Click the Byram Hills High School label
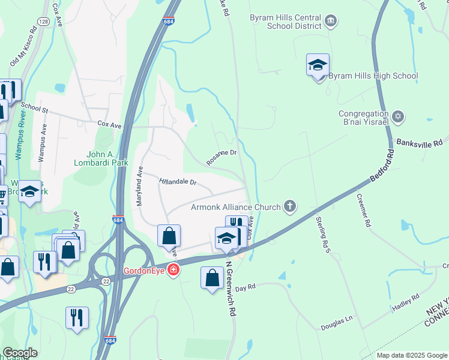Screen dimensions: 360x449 [x=373, y=76]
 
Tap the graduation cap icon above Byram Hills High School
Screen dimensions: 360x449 [x=318, y=65]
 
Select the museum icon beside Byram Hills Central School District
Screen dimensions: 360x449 [x=331, y=22]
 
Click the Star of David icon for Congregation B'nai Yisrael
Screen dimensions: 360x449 [x=398, y=116]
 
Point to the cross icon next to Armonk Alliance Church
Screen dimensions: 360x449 [x=290, y=207]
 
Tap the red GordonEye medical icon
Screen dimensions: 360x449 [x=173, y=270]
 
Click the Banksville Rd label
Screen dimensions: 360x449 [x=419, y=143]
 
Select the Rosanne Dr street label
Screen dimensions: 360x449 [x=222, y=157]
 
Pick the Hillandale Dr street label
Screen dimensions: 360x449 [x=178, y=181]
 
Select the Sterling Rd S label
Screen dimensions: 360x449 [x=322, y=235]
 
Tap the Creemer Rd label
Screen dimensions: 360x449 [x=364, y=210]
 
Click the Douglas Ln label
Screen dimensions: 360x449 [x=336, y=321]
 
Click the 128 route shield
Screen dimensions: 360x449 [x=44, y=22]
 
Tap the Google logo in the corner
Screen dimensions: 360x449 [x=19, y=353]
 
